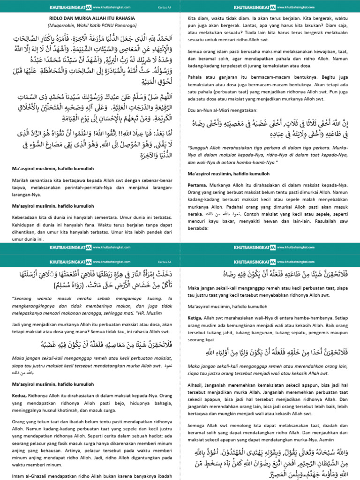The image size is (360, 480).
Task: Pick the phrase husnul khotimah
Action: (x=67, y=411)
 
